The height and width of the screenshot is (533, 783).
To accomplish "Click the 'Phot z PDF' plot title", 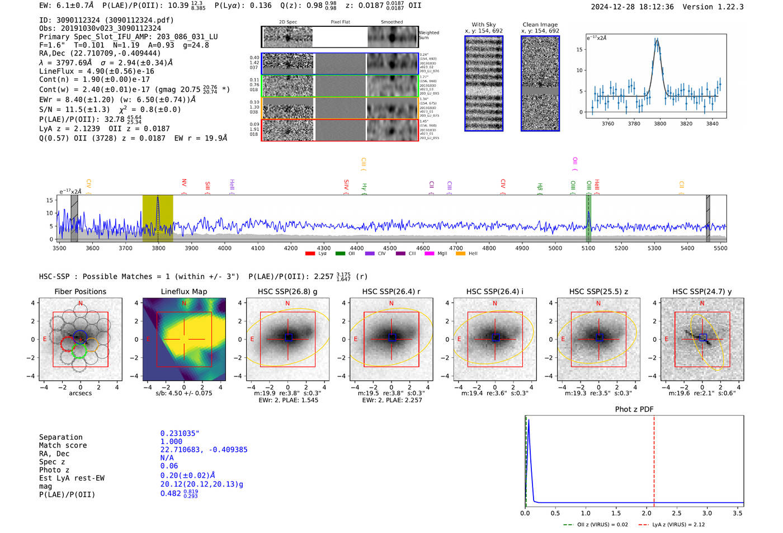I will click(634, 409).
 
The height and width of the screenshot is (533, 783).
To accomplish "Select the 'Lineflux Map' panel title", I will click(183, 291).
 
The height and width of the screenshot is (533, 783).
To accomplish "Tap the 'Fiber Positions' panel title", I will click(80, 291).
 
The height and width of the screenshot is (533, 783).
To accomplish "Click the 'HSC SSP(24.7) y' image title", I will click(702, 291).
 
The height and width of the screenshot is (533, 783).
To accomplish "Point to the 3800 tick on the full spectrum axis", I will click(158, 248).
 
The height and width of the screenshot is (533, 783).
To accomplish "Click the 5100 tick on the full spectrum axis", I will click(588, 248).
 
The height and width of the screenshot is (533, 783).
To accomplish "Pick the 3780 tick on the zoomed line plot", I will click(634, 124).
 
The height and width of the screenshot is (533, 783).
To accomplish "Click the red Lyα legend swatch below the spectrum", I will click(310, 254).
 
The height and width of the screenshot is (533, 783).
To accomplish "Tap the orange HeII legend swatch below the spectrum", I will click(461, 254).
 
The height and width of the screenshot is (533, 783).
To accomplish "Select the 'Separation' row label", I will click(60, 437).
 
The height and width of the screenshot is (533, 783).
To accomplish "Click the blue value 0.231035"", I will click(180, 433).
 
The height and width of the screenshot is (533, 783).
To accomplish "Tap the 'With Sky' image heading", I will click(483, 25).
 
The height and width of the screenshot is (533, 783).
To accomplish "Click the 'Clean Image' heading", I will click(540, 25).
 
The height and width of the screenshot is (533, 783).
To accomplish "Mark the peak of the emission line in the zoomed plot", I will click(658, 40).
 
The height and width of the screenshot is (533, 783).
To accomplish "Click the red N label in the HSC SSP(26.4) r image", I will click(391, 304).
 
